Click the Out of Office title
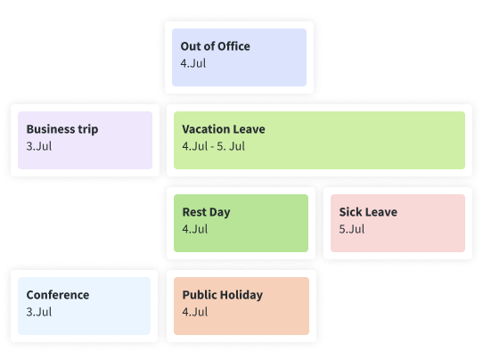[216, 46]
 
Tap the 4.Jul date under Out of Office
[193, 63]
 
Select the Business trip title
[62, 129]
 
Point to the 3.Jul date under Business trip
[39, 146]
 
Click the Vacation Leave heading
[224, 129]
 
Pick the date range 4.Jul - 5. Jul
[214, 146]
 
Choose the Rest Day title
[207, 212]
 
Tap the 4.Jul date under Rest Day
[195, 229]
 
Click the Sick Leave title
[368, 212]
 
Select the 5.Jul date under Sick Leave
[352, 229]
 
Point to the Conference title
[58, 295]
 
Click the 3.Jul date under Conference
[39, 312]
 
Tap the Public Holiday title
[223, 295]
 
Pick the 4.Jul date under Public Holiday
[195, 312]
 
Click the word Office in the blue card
[234, 46]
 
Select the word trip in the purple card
[88, 129]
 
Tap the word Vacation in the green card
[201, 129]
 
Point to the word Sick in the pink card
[350, 212]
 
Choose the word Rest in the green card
[193, 212]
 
